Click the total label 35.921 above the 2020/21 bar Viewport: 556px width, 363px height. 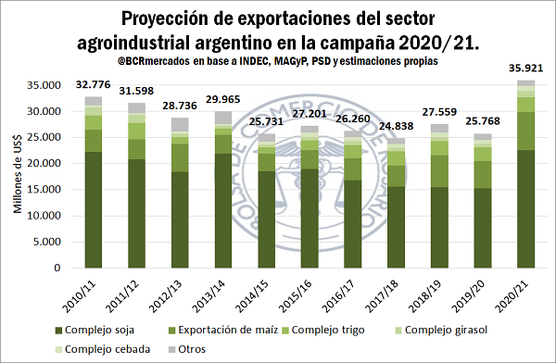click(525, 69)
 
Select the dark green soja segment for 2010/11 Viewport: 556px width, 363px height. click(94, 210)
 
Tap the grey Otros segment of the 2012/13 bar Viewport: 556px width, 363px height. click(180, 125)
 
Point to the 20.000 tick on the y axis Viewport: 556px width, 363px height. click(44, 163)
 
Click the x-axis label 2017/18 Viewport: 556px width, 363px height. click(382, 296)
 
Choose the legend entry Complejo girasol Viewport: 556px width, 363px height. click(441, 330)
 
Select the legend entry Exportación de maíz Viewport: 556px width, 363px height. click(223, 330)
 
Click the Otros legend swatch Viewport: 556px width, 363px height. click(172, 350)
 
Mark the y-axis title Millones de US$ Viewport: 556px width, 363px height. click(18, 174)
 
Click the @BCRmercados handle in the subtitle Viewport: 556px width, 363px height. click(154, 61)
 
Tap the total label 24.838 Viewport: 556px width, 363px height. click(397, 126)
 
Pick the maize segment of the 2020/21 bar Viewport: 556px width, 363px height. click(525, 131)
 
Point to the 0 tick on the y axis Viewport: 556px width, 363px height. click(57, 268)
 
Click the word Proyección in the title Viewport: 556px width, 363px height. click(164, 19)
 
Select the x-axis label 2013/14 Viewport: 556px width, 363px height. click(209, 296)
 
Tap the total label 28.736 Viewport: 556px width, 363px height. click(180, 106)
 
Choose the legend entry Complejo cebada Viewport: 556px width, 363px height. click(103, 349)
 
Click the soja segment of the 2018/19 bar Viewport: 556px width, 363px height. click(439, 228)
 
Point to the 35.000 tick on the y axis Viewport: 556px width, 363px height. click(44, 85)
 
